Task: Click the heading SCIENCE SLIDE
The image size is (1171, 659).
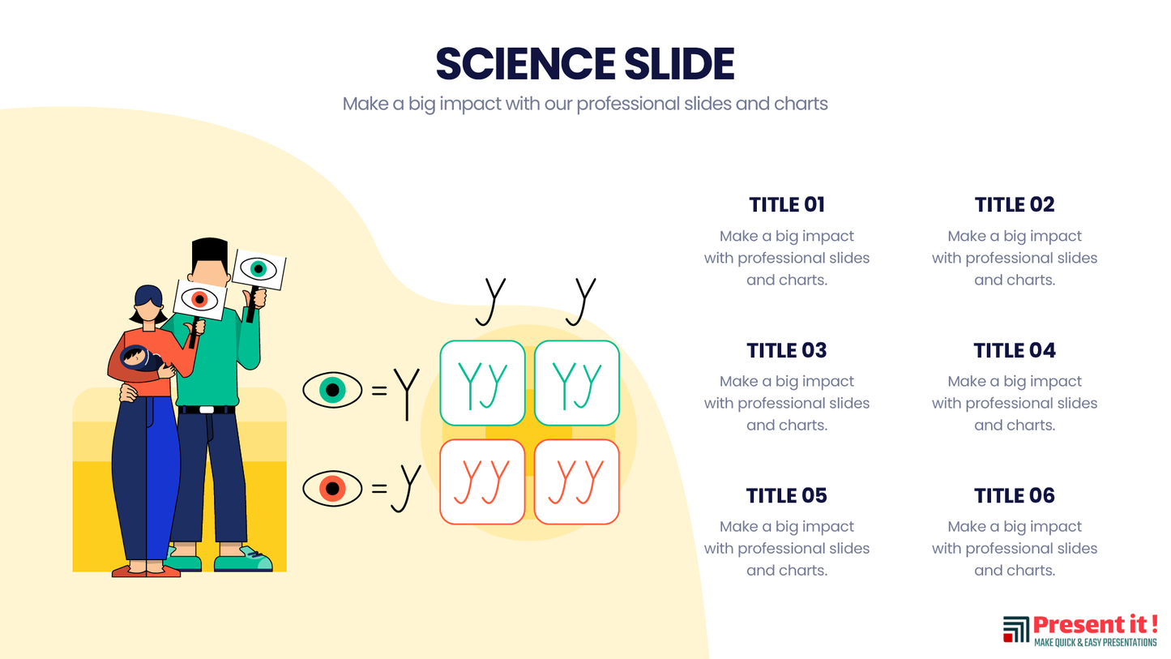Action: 584,64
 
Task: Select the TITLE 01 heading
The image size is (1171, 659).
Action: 786,204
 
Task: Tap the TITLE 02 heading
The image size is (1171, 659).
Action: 1014,204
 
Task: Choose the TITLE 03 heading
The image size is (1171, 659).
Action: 786,350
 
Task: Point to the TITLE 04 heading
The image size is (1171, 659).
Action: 1014,350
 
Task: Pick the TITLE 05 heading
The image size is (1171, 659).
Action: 786,495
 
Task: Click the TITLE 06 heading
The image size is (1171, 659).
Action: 1014,495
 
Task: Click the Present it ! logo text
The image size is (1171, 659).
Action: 1094,625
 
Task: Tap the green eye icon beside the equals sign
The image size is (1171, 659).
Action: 331,390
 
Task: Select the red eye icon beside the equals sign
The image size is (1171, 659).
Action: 331,489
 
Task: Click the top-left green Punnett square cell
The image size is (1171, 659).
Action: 482,383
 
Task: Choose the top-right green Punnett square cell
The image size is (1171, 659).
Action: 577,383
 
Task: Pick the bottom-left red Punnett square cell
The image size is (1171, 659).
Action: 482,481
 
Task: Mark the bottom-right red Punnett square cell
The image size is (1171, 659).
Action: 577,481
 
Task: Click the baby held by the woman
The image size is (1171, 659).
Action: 138,357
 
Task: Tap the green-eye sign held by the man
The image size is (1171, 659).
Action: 259,269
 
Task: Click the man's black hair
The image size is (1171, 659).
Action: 210,249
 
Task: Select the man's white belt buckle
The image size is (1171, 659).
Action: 207,409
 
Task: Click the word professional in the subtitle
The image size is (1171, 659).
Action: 627,104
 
